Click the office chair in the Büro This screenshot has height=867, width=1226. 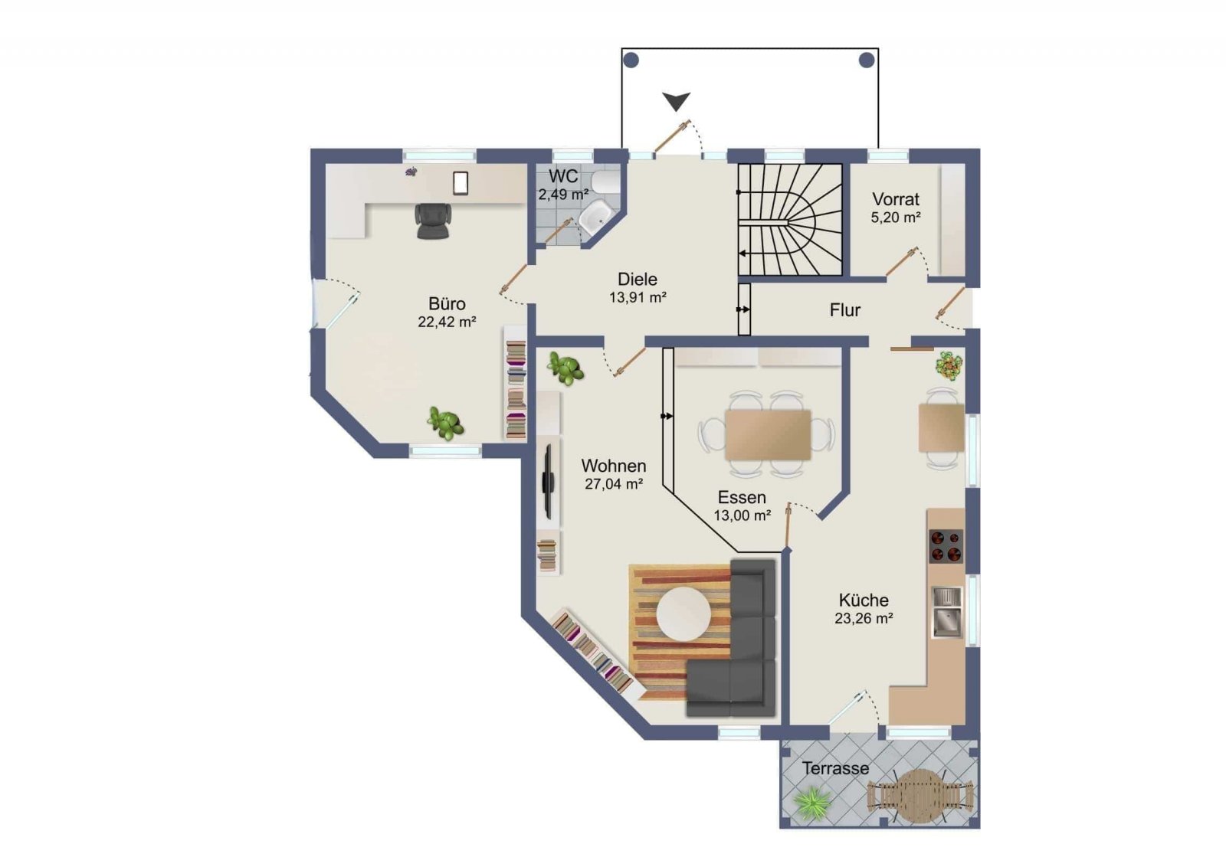pos(434,221)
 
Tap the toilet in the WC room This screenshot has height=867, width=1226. pos(605,182)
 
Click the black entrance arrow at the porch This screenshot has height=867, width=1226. pos(677,101)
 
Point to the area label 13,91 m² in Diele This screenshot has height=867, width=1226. pos(638,298)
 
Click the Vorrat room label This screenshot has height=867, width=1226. pos(896,199)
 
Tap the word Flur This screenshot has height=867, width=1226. pos(844,310)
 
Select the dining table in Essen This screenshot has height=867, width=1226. pos(767,435)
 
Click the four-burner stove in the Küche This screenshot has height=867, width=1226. pos(946,546)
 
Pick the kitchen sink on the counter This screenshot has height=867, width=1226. pos(947,612)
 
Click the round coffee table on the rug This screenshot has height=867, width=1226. pos(683,613)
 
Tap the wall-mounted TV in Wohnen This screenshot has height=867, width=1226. pos(547,481)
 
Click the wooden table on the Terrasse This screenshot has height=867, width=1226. pos(919,796)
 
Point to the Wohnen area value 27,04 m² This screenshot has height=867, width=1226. pos(614,484)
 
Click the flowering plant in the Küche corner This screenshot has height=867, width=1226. pos(949,366)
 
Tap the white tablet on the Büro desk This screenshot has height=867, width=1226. pos(461,183)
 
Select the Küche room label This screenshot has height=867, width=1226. pos(864,600)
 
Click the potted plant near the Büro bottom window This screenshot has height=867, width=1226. pos(446,423)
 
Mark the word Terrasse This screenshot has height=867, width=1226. pos(836,768)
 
